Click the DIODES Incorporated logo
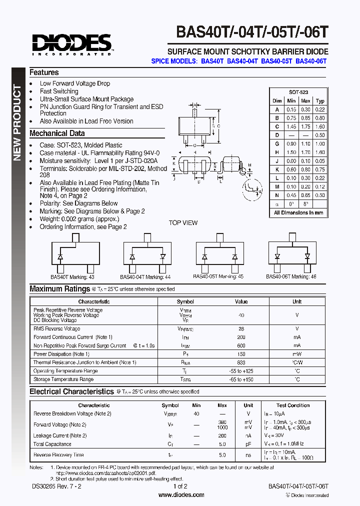[x=72, y=44]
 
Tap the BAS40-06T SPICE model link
[x=310, y=61]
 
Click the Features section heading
[x=44, y=72]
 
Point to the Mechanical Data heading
[x=57, y=133]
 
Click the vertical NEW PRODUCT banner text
[x=17, y=123]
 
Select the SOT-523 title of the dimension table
[x=298, y=92]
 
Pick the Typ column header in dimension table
[x=320, y=101]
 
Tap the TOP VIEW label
[x=183, y=223]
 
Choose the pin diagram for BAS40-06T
[x=292, y=254]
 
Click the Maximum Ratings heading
[x=59, y=288]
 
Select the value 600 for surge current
[x=241, y=345]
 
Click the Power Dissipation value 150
[x=241, y=354]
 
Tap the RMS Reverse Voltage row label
[x=56, y=329]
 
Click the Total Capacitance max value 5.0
[x=222, y=444]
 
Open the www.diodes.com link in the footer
[x=181, y=495]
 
